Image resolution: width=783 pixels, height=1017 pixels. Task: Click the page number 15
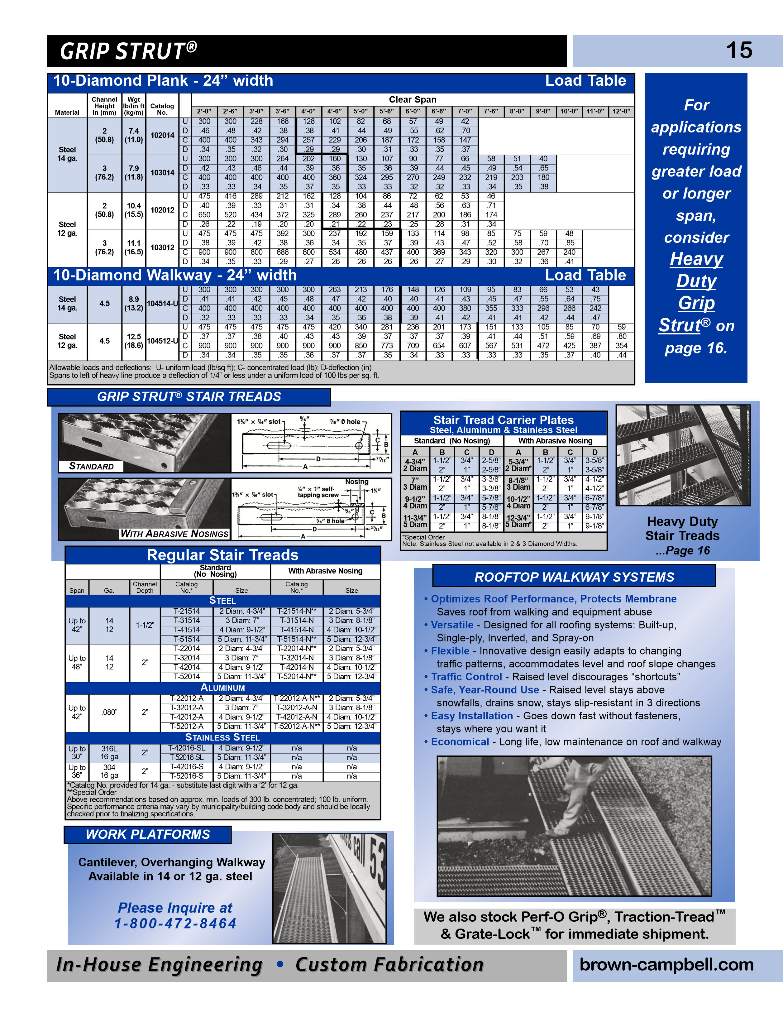point(738,50)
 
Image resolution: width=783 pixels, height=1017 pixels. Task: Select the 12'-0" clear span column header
point(621,111)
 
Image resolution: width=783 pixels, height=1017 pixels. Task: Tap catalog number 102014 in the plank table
point(162,136)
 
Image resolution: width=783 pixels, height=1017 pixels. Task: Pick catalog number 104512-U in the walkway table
point(162,341)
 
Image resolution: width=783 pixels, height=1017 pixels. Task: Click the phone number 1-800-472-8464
point(175,923)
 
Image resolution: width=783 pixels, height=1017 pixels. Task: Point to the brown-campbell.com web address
point(666,964)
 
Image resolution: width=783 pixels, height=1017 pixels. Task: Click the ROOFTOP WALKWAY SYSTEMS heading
point(574,577)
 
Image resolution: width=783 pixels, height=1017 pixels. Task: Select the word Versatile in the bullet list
point(451,625)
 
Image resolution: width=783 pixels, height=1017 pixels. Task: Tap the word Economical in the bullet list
point(460,742)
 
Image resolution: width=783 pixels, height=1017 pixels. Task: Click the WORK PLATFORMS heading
point(148,834)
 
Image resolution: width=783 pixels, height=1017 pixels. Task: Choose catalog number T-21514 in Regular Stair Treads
point(187,611)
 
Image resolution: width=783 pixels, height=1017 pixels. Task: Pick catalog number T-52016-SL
point(186,757)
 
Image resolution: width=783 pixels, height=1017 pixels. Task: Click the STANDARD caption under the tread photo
point(91,466)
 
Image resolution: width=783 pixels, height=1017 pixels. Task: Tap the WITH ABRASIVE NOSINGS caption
point(174,534)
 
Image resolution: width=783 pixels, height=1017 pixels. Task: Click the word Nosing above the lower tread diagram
point(356,482)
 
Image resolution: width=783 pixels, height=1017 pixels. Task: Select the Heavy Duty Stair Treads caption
point(682,529)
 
